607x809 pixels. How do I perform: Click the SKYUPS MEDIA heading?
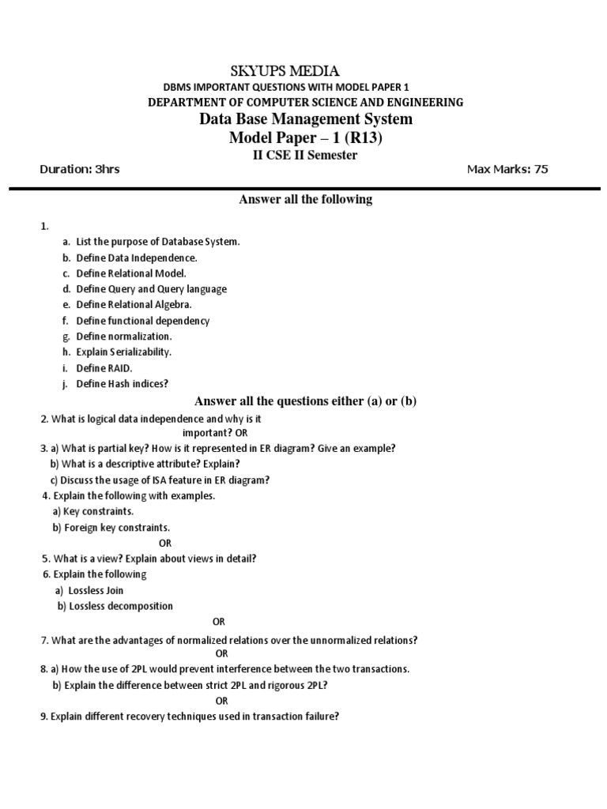(x=306, y=72)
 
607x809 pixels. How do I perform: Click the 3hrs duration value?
(x=107, y=169)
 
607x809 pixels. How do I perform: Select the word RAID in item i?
(x=122, y=367)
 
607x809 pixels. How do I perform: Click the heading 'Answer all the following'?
(x=305, y=199)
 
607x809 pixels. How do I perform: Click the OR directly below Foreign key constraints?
(x=165, y=543)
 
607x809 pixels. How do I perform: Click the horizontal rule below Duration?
(x=303, y=188)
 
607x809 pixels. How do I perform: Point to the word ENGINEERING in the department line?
(x=424, y=103)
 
